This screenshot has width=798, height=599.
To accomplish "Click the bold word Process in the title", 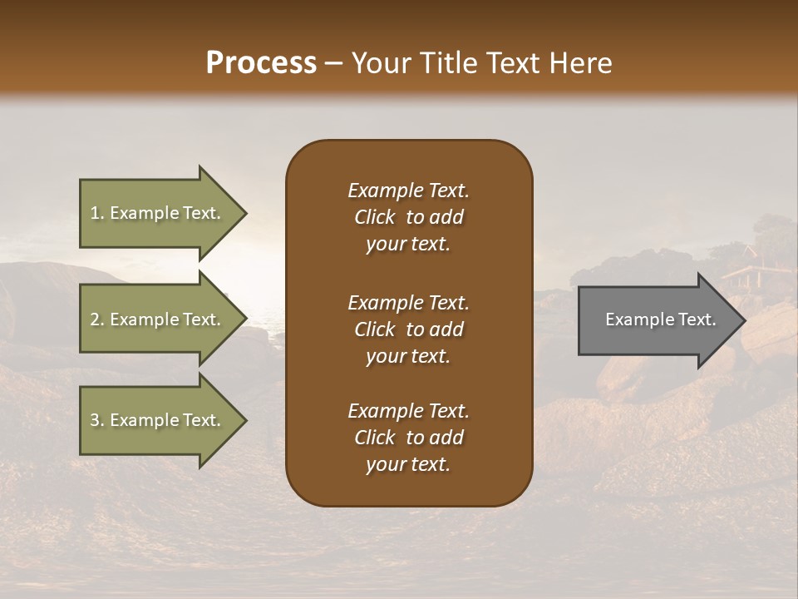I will (261, 63).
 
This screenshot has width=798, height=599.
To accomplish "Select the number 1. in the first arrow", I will (97, 213).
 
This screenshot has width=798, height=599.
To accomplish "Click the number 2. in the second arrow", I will (97, 319).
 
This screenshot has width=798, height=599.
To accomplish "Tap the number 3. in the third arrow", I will (97, 420).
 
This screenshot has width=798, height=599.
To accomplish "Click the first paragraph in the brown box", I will (408, 217).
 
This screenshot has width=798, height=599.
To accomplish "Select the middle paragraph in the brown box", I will (408, 329).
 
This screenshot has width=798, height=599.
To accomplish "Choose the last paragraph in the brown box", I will (408, 438).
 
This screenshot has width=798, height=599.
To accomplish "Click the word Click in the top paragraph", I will (374, 217).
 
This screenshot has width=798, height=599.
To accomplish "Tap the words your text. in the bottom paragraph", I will (408, 464).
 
